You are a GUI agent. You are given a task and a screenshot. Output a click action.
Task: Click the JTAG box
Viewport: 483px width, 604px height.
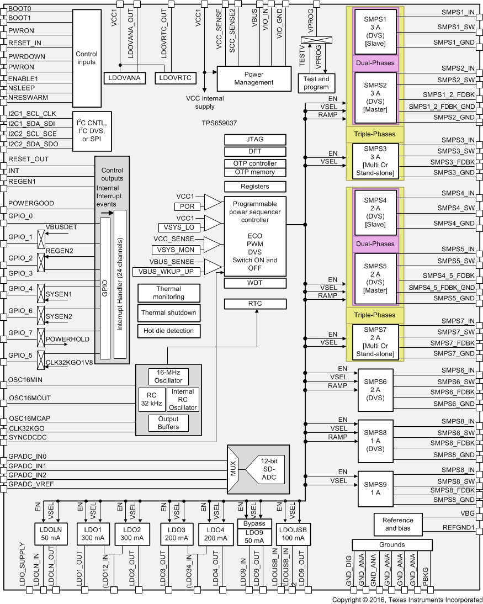(x=255, y=139)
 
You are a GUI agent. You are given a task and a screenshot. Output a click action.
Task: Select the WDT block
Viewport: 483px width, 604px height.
(x=255, y=283)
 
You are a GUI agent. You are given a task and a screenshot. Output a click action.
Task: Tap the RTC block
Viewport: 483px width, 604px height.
(x=255, y=304)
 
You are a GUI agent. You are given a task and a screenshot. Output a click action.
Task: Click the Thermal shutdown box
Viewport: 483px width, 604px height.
(x=168, y=313)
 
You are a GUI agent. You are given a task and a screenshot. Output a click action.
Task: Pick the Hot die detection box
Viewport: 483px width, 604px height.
(x=168, y=331)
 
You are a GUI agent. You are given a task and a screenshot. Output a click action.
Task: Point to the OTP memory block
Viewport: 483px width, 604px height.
(x=255, y=172)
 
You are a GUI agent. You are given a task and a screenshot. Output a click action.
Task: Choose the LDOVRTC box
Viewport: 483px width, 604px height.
(x=175, y=78)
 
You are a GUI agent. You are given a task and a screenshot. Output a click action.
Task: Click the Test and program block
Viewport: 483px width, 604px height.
(x=316, y=83)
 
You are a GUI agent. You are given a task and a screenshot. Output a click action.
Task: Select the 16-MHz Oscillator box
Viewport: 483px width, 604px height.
(x=168, y=377)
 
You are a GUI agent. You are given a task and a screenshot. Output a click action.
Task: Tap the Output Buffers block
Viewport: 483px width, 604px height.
(x=168, y=422)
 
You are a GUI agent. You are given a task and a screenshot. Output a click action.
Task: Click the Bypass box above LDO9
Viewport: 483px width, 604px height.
(x=254, y=523)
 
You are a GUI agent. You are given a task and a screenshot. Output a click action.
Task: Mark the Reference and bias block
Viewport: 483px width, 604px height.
(x=397, y=524)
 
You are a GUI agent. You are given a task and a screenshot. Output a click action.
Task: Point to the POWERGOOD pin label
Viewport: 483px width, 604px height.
(x=31, y=203)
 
